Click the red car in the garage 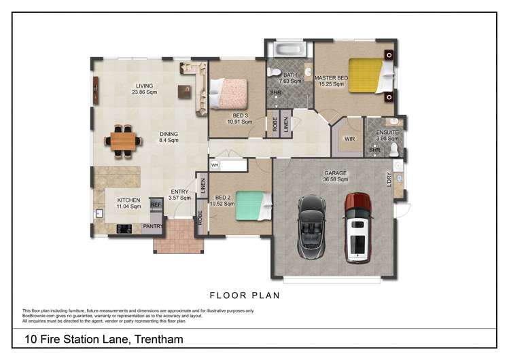357,228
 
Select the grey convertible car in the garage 313,227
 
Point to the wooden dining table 124,141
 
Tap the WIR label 350,139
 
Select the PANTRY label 153,226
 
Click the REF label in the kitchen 156,204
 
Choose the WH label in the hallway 215,165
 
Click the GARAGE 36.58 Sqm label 336,176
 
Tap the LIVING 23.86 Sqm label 145,89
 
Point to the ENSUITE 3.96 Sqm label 383,135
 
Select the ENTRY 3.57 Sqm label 179,195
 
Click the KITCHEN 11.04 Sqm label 128,203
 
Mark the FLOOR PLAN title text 245,295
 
